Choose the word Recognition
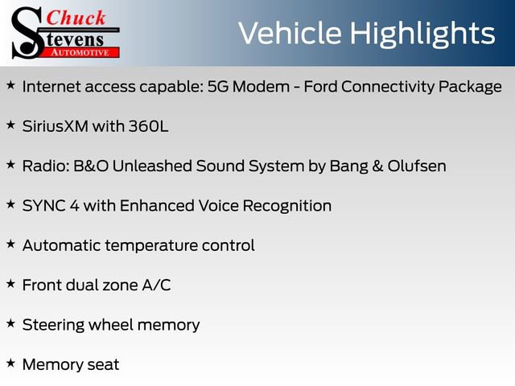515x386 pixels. pos(287,206)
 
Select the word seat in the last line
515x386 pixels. pos(104,364)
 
